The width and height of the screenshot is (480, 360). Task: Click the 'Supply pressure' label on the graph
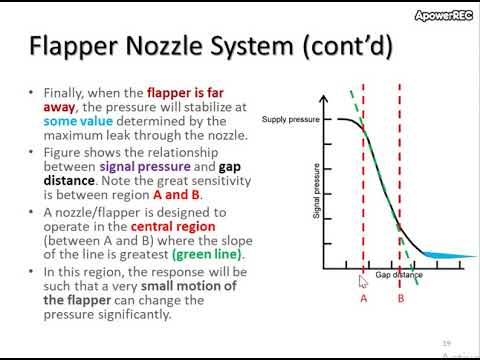pyautogui.click(x=288, y=120)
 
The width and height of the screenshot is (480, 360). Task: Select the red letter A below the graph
pyautogui.click(x=363, y=297)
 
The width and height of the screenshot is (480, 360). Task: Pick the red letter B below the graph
pyautogui.click(x=401, y=297)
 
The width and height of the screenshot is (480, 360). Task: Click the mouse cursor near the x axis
pyautogui.click(x=362, y=281)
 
